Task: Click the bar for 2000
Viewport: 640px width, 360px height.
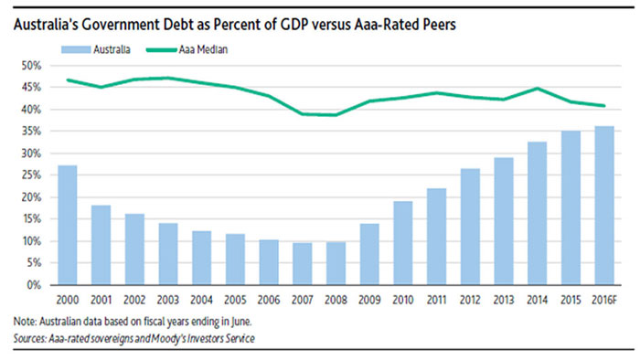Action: point(68,225)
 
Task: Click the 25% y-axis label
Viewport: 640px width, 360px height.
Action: point(32,175)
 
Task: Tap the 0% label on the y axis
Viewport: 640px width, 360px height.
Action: point(35,285)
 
